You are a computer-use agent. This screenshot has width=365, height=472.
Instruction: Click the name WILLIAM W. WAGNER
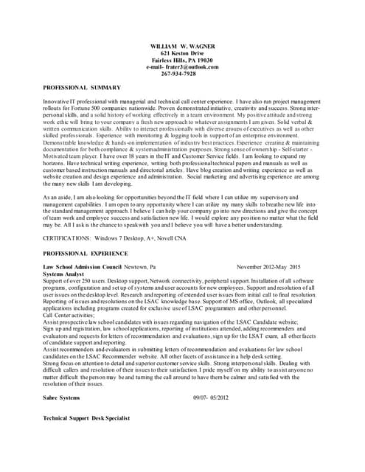coord(182,46)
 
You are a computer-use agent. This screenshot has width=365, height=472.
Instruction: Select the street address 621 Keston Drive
coord(182,53)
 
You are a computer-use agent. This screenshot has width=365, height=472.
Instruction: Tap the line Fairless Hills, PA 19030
coord(182,60)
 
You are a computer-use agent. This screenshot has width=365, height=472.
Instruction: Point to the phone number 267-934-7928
coord(178,74)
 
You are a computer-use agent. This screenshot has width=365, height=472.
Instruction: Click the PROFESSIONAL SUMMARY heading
coord(82,88)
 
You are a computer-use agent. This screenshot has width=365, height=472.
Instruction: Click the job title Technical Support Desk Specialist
coord(86,417)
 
